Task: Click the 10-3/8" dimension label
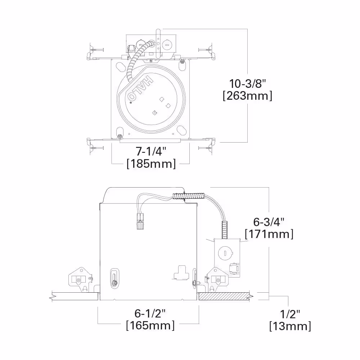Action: (x=248, y=84)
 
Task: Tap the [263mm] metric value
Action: (x=248, y=96)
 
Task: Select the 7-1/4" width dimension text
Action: (x=151, y=151)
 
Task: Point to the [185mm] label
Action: (x=151, y=164)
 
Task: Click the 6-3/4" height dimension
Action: (x=269, y=222)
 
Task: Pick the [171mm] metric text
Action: (x=269, y=234)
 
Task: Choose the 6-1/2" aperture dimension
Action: (x=150, y=314)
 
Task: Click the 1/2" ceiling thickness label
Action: (x=290, y=314)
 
